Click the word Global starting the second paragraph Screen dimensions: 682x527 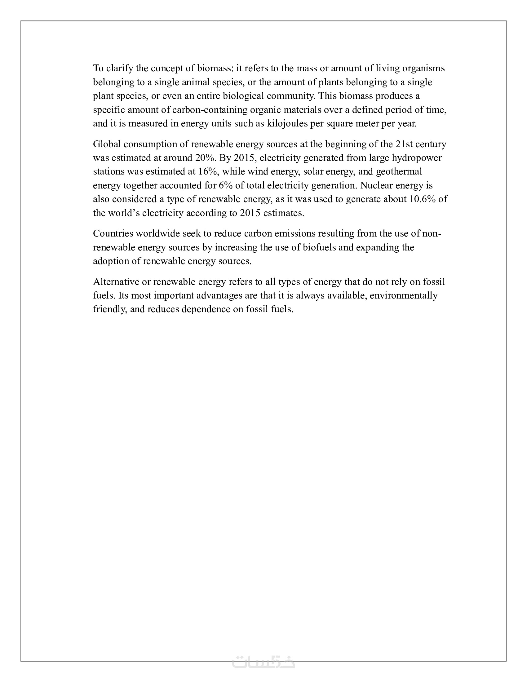coord(107,144)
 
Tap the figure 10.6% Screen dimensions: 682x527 coord(423,199)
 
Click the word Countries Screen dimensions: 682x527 coord(113,233)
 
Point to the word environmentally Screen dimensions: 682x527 coord(403,296)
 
